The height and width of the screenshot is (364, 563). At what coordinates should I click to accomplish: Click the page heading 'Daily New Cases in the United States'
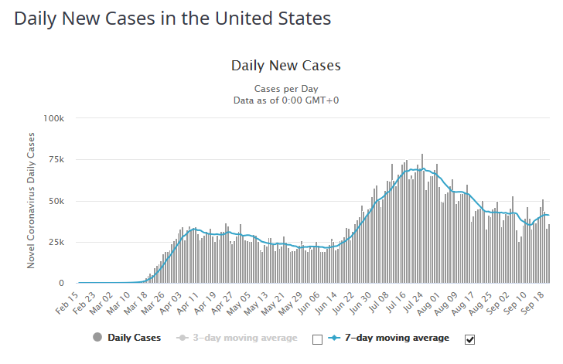tap(172, 18)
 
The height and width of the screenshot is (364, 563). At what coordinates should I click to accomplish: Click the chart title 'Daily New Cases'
tap(285, 66)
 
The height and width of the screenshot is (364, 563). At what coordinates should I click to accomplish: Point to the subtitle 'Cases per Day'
tap(286, 89)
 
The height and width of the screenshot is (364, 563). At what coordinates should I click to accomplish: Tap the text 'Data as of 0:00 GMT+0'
tap(286, 100)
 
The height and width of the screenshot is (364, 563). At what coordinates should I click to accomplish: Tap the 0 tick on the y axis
tap(68, 284)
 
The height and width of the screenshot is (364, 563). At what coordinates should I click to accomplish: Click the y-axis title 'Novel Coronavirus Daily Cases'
tap(32, 201)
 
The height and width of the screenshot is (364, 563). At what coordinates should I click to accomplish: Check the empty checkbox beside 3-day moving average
tap(316, 338)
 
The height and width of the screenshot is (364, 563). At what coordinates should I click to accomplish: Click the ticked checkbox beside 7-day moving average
tap(469, 338)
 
